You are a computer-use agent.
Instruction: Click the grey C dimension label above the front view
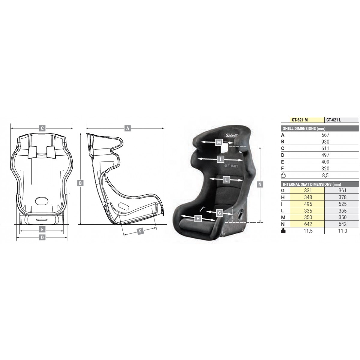point(42,128)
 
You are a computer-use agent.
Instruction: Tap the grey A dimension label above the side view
point(127,128)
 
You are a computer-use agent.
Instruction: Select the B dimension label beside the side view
point(80,183)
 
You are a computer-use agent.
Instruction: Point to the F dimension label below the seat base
point(140,232)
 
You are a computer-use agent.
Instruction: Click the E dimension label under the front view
point(42,229)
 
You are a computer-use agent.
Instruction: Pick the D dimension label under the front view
point(42,237)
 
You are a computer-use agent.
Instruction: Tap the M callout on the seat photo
point(219,142)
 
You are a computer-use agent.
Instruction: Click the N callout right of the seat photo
point(260,184)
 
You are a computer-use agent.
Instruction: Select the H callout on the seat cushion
point(198,218)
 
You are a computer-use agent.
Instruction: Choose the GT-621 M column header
point(300,120)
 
